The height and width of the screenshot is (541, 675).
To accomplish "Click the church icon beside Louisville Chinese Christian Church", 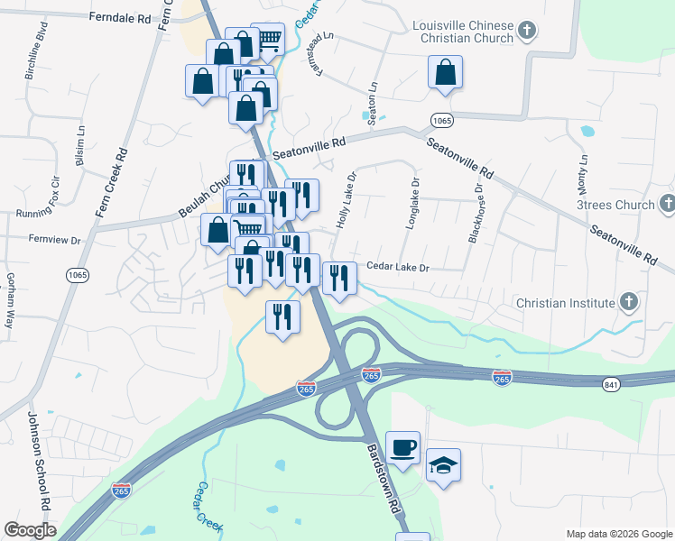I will (529, 33).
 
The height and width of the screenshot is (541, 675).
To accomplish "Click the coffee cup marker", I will (402, 446).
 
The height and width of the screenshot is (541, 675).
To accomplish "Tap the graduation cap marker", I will (443, 465).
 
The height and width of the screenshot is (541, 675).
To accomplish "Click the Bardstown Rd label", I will (383, 477).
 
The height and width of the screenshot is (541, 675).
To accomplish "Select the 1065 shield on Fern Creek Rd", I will (77, 272).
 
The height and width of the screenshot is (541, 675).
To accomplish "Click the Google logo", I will (30, 530).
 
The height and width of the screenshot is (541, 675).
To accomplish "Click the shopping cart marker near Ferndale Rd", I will (267, 39).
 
